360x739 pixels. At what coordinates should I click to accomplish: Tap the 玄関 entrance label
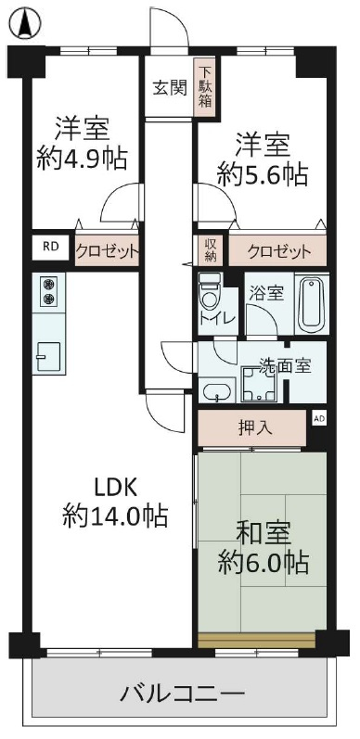point(170,87)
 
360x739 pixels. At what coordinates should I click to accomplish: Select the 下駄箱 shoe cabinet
point(205,87)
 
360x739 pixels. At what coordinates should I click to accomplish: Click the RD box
point(48,247)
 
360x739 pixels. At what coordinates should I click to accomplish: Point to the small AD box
point(319,418)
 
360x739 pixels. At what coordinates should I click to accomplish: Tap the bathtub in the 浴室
point(312,303)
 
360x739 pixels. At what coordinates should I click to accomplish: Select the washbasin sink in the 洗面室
point(216,391)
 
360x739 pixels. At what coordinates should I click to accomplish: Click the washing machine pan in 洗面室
point(258,384)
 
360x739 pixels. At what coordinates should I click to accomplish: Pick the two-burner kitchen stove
point(48,292)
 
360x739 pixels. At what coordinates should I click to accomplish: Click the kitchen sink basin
point(48,357)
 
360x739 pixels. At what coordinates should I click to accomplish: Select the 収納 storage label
point(210,250)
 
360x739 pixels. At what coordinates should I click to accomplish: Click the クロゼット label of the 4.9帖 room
point(107,250)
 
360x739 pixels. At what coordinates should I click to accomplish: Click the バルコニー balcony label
point(183,694)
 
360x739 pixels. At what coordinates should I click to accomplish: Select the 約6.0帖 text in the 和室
point(264,563)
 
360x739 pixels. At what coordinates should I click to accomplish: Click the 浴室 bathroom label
point(266,294)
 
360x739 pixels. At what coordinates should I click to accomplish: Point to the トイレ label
point(217,318)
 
